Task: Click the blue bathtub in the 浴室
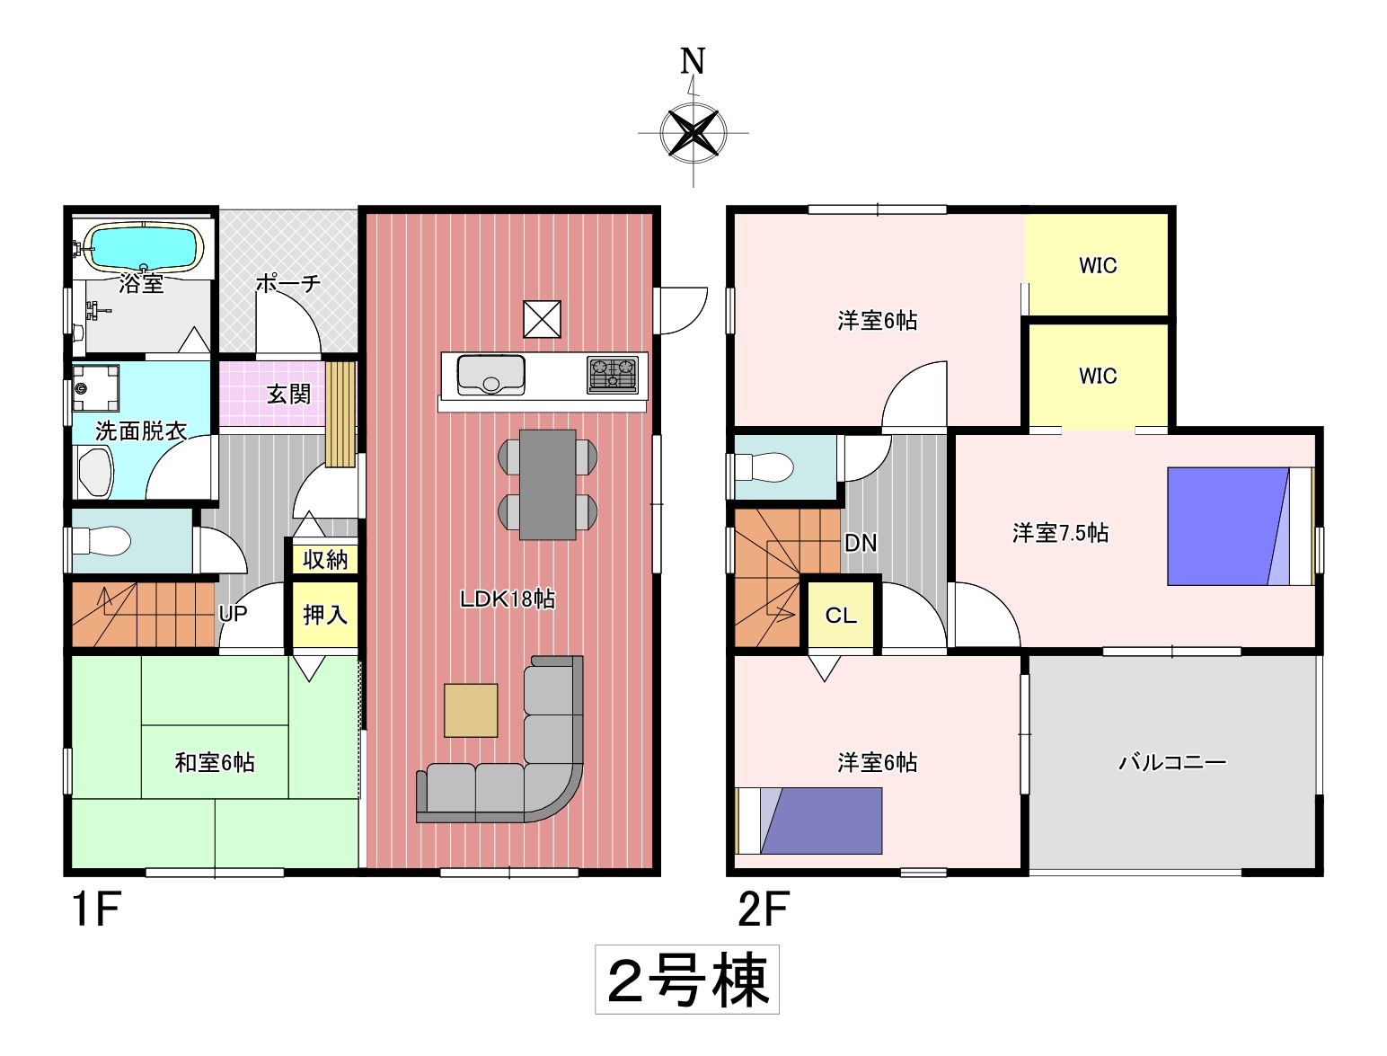[144, 247]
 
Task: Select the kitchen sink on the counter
[490, 375]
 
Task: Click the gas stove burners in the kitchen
[613, 375]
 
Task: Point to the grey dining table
[548, 484]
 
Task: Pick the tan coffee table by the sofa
[471, 710]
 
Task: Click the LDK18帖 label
[508, 599]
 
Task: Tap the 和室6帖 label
[215, 763]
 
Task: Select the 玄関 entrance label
[288, 395]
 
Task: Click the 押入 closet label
[325, 614]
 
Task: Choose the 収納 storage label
[325, 560]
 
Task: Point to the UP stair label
[234, 613]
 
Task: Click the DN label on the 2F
[861, 543]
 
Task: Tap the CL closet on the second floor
[841, 614]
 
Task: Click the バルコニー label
[1172, 763]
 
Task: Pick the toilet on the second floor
[764, 468]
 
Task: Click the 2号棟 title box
[687, 979]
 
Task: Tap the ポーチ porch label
[288, 284]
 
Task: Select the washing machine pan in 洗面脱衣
[95, 387]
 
